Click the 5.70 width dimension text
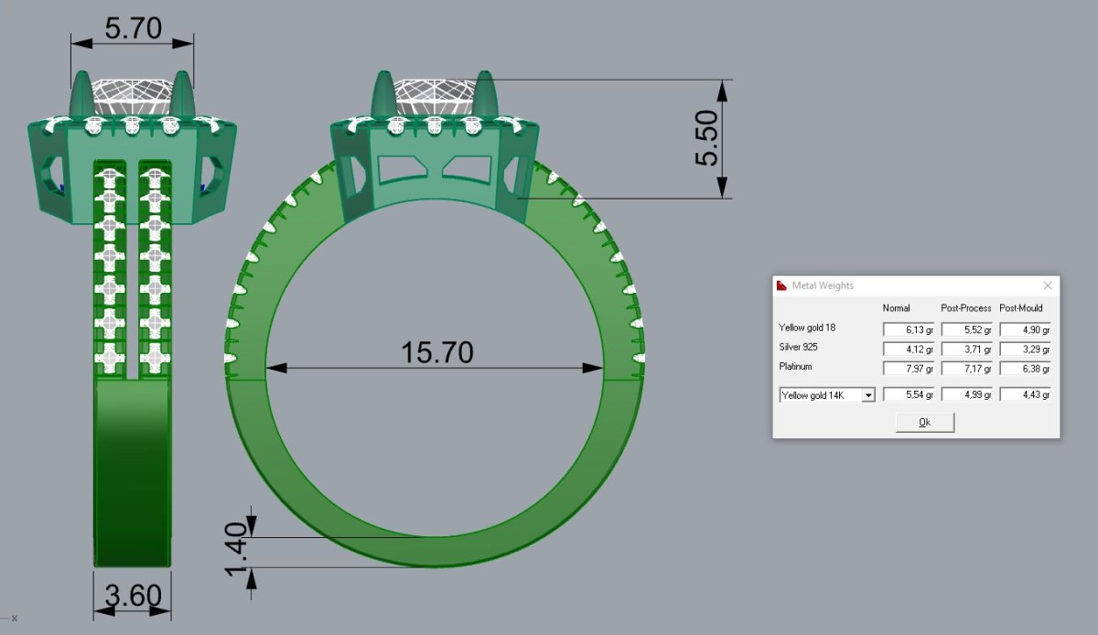coord(133,28)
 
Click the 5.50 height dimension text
coord(706,138)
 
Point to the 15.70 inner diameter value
coord(437,352)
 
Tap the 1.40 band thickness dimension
coord(235,549)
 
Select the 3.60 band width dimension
coord(133,596)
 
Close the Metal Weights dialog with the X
coord(1048,285)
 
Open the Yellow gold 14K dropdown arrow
coord(868,394)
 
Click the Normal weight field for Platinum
coord(909,368)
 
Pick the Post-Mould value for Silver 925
coord(1025,349)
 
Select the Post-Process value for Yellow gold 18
coord(966,329)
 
